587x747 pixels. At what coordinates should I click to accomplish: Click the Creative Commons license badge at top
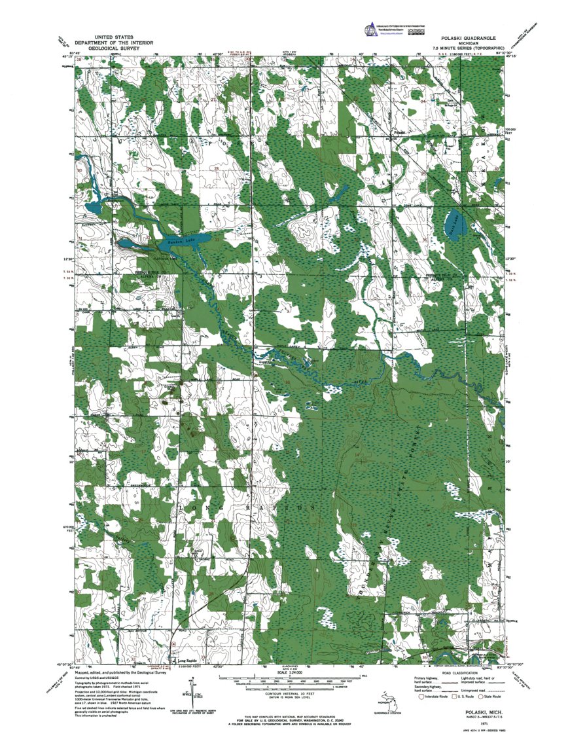pos(414,30)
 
